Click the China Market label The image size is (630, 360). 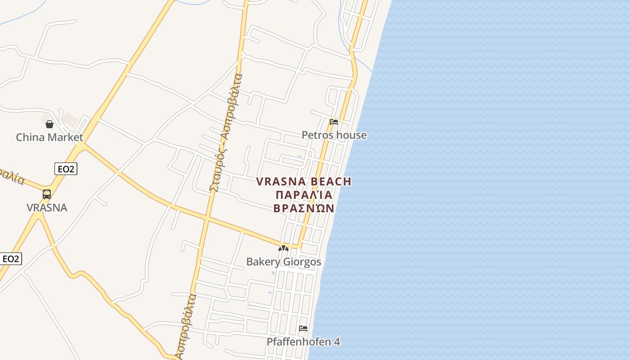(x=49, y=137)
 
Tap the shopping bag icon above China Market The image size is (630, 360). (x=49, y=124)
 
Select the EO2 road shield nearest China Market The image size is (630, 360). (x=66, y=169)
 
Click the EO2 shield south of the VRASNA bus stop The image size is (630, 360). (x=11, y=259)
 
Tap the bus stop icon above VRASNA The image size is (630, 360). (x=47, y=194)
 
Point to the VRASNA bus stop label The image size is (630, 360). (x=47, y=207)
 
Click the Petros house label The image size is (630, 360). (x=334, y=135)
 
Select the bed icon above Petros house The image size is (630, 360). (x=334, y=121)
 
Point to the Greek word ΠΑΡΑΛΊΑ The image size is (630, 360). (x=304, y=195)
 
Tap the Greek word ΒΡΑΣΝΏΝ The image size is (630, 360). (x=304, y=208)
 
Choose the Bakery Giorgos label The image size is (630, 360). (x=283, y=261)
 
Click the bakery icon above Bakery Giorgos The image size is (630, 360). (x=283, y=248)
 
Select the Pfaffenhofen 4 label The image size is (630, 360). (x=303, y=342)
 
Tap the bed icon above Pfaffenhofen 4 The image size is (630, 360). (x=303, y=328)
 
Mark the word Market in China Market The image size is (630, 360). (x=66, y=137)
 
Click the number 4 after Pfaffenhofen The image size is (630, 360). (x=337, y=342)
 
